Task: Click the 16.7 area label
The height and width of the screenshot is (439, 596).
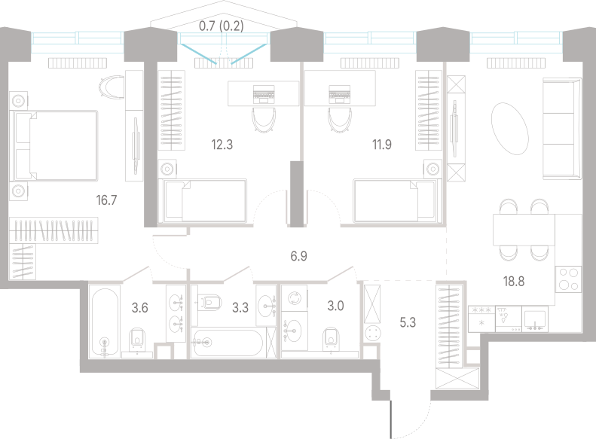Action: point(106,200)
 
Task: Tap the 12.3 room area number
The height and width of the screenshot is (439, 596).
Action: point(222,145)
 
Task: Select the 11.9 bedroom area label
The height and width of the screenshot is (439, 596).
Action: point(381,145)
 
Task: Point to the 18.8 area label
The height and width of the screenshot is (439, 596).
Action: point(514,282)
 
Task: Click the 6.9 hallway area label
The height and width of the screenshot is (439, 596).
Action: point(299,256)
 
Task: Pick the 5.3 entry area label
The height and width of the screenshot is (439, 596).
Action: point(408,322)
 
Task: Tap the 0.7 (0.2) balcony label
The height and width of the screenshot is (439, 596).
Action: point(222,26)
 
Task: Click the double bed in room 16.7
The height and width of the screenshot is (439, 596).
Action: point(56,145)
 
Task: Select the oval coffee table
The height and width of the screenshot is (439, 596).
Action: point(509,129)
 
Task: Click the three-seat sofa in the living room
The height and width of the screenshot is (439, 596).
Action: point(562,128)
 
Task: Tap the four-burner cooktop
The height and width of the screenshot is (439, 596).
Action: point(568,279)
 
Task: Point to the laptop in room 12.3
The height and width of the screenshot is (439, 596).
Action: point(264,94)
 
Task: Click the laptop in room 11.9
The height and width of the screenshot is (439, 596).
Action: point(339,94)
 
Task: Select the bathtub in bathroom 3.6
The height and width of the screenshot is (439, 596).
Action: point(105,323)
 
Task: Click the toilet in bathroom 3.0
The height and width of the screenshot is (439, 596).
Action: point(331,339)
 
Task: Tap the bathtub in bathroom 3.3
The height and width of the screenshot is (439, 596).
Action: point(228,343)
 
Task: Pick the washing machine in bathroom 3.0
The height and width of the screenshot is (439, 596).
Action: point(294,297)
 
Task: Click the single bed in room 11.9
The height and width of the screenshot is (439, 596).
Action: point(397,200)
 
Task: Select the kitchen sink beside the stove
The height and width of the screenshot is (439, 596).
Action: point(535,319)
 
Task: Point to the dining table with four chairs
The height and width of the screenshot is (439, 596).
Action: point(524,230)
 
